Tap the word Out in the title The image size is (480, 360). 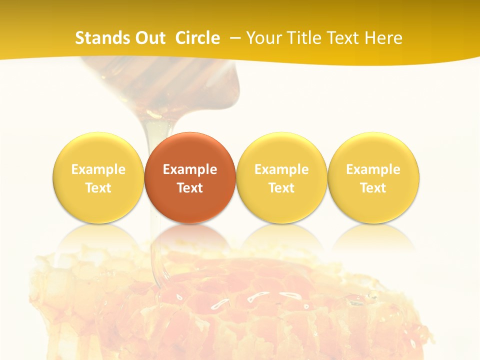(x=148, y=38)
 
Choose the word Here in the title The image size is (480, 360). (x=382, y=38)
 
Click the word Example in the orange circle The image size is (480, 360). (x=190, y=169)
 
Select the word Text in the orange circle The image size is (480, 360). (x=190, y=188)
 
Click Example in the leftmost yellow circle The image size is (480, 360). (x=98, y=169)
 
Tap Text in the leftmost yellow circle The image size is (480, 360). (x=98, y=188)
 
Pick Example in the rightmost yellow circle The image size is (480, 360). (x=373, y=169)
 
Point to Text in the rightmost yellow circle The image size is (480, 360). (x=373, y=188)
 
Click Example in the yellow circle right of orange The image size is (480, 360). (x=281, y=169)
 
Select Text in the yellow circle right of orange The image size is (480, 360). (x=281, y=188)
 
